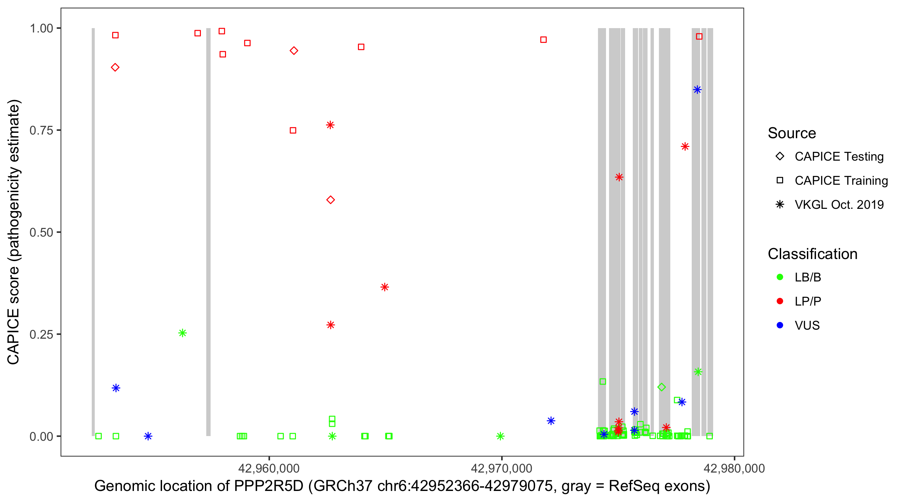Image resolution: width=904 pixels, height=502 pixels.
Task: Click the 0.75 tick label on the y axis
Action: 41,131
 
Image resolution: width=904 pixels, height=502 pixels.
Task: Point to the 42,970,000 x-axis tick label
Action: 502,468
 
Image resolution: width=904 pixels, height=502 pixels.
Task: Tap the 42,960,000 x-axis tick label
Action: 269,468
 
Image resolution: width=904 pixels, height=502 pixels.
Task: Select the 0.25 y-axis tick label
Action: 41,334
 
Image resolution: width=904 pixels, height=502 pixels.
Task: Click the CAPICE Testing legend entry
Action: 839,157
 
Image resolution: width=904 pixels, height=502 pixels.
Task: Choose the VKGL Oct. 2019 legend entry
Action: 839,204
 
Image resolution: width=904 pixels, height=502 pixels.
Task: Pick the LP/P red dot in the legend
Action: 780,301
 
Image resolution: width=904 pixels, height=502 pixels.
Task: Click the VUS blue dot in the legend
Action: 780,326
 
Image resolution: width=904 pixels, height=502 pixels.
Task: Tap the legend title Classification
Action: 812,254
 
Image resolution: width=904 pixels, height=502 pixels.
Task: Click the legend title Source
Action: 792,133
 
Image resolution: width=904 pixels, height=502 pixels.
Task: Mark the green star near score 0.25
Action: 182,333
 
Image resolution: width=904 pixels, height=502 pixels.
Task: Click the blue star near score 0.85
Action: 697,90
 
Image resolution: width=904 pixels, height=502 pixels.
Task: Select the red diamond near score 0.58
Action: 330,200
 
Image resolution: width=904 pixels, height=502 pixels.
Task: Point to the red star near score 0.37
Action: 385,287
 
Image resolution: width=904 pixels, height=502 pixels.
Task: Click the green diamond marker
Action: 662,387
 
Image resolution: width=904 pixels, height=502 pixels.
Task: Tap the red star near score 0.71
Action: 685,147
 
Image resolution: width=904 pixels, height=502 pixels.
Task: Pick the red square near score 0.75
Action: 293,131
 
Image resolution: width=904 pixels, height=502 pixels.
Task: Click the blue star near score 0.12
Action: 116,388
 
